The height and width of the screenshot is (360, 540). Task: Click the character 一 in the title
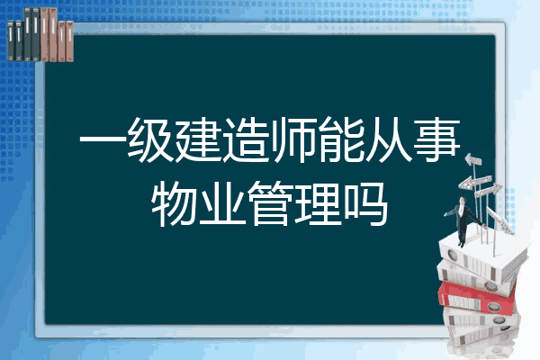pyautogui.click(x=103, y=139)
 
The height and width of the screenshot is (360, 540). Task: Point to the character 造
pyautogui.click(x=246, y=139)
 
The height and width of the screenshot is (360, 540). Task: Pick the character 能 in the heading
pyautogui.click(x=341, y=139)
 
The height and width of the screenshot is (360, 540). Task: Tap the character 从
pyautogui.click(x=389, y=139)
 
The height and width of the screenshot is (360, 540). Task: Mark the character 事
pyautogui.click(x=436, y=139)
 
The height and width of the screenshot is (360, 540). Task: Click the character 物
pyautogui.click(x=175, y=204)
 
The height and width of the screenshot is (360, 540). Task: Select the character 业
pyautogui.click(x=222, y=204)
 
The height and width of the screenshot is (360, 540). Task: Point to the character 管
pyautogui.click(x=270, y=204)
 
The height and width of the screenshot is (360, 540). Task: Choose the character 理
pyautogui.click(x=318, y=204)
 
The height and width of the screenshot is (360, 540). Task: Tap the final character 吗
pyautogui.click(x=365, y=204)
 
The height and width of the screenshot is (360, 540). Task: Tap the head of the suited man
pyautogui.click(x=463, y=200)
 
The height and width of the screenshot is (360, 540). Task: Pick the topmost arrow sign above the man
pyautogui.click(x=473, y=159)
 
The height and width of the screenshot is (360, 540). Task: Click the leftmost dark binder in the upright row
pyautogui.click(x=11, y=40)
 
